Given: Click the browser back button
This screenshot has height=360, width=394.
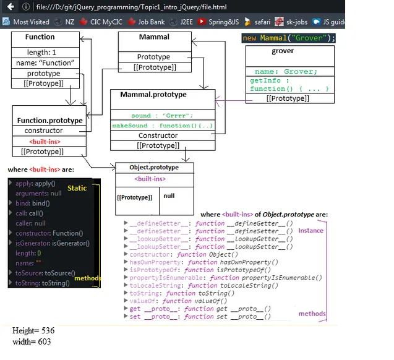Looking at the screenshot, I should (8, 6).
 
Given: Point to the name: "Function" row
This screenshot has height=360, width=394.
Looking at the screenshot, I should (45, 63).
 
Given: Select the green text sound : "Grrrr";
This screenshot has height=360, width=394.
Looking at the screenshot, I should (162, 115).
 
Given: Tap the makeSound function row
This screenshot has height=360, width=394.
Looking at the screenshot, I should (162, 126).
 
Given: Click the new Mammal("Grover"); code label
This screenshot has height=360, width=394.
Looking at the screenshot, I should (289, 38).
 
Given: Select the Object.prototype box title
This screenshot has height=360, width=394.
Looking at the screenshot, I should (154, 168).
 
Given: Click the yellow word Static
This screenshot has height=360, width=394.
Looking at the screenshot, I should (77, 188).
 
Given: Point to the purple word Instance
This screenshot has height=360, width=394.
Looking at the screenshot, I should (310, 231).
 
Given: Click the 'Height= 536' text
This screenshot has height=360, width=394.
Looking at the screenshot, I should (33, 331).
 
